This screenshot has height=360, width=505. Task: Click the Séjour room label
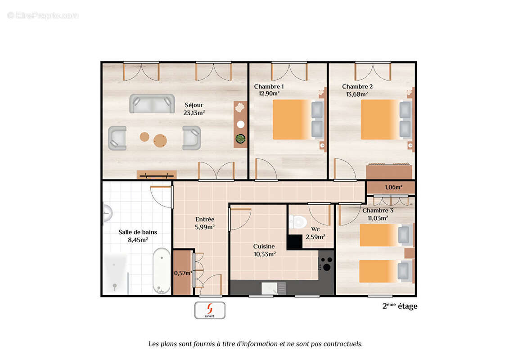(194, 105)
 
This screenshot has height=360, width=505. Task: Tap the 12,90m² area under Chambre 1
(269, 94)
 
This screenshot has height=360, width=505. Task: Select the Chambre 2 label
(357, 86)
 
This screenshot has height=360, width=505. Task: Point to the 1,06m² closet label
(393, 188)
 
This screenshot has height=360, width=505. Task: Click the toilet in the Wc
(298, 221)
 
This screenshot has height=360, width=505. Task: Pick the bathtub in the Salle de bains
(161, 271)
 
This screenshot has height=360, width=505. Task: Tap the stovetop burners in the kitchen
(326, 263)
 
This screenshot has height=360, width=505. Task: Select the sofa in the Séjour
(152, 103)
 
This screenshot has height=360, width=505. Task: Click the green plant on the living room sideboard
(240, 138)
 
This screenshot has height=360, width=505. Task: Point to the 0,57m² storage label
(183, 273)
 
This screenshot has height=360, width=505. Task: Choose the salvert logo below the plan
(210, 310)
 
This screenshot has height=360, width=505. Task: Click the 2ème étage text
(400, 306)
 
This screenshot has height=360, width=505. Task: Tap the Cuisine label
(264, 247)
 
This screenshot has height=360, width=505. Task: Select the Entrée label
(205, 220)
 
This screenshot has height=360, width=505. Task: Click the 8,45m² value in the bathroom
(138, 240)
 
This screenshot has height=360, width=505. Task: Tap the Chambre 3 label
(378, 211)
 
